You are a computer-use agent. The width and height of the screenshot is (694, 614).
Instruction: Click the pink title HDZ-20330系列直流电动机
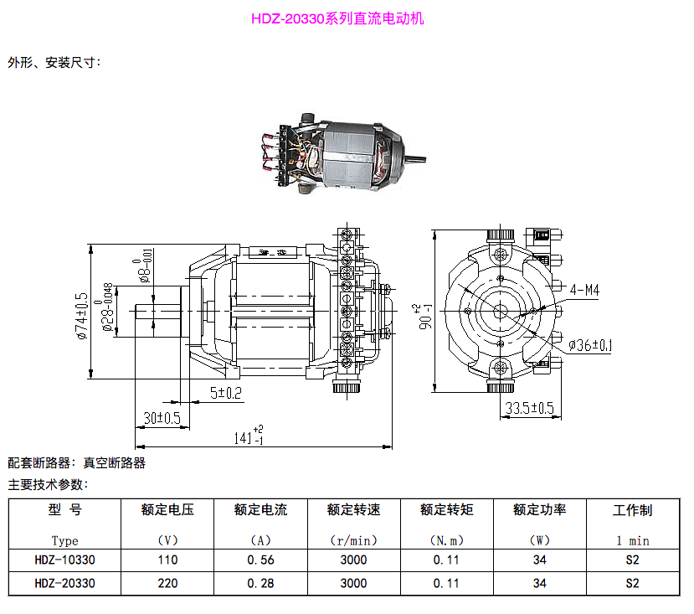tap(337, 18)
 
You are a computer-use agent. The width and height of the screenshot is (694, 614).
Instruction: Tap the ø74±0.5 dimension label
tap(82, 316)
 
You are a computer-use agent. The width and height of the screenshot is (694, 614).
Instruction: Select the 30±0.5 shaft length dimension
tap(162, 418)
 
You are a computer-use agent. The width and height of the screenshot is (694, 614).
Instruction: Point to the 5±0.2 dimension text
tap(226, 393)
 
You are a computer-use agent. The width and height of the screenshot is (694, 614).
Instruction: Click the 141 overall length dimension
tap(249, 435)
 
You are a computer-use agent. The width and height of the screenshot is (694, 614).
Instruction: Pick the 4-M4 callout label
tap(584, 290)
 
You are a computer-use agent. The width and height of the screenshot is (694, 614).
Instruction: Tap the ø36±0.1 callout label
tap(590, 345)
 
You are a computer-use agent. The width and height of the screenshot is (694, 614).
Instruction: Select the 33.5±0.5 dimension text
tap(529, 408)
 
